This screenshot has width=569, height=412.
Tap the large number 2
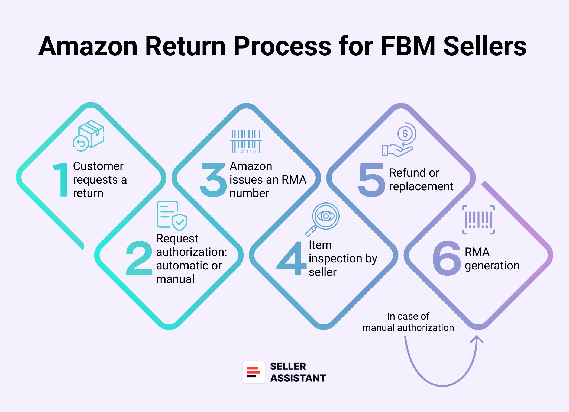[139, 258]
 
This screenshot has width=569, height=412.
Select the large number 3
[213, 179]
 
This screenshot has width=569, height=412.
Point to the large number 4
[291, 258]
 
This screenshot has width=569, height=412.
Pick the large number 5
[371, 179]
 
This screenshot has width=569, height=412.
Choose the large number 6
[447, 258]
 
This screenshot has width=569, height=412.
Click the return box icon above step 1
[89, 136]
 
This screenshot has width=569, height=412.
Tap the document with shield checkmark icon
[172, 216]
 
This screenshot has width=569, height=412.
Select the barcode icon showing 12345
[246, 141]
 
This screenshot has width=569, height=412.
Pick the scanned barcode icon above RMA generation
[479, 220]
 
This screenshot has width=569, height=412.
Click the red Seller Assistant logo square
[254, 372]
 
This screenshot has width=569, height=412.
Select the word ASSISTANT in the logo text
[298, 378]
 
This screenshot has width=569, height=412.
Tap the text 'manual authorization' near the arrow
[408, 328]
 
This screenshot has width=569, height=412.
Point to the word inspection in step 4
[335, 259]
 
